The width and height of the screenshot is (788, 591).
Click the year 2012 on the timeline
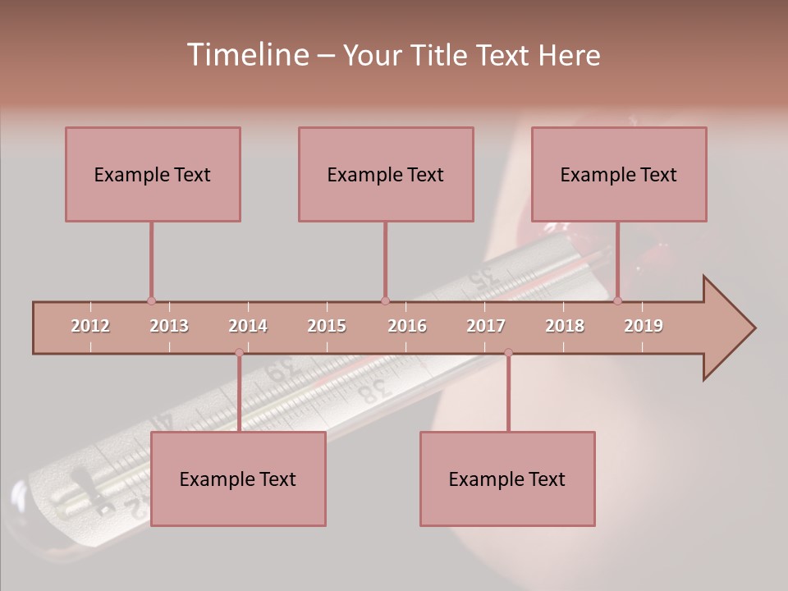90,326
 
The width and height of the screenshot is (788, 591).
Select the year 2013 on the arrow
169,326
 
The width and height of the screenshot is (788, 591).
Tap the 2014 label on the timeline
248,326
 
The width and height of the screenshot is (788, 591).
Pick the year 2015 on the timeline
327,326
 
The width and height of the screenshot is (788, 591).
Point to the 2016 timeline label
407,326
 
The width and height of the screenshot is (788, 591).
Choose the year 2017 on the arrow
486,326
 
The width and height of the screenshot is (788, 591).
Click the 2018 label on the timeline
565,326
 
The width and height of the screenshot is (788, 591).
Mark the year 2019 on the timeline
644,326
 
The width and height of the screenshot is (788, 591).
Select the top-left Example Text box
153,174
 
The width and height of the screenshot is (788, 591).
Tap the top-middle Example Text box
386,174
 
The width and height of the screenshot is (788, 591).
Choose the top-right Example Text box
619,174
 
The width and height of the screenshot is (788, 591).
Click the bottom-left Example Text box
238,479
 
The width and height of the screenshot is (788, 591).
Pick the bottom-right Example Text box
507,479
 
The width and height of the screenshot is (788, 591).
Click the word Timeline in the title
245,55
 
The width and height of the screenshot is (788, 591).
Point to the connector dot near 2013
151,301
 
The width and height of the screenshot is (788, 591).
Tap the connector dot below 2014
239,353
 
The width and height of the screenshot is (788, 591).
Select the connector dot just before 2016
385,301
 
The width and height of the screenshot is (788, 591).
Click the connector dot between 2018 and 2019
617,301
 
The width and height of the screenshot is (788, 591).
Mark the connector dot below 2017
508,353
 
